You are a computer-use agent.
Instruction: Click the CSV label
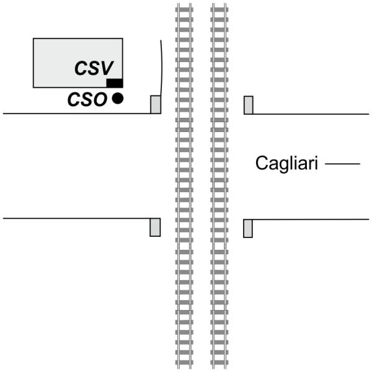97,68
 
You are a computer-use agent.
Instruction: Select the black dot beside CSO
117,98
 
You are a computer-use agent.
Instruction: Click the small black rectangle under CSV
114,83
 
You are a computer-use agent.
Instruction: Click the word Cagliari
286,164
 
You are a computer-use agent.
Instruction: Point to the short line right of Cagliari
342,164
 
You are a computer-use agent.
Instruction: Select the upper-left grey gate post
155,105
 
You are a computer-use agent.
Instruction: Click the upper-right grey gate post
248,105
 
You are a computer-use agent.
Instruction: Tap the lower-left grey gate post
155,228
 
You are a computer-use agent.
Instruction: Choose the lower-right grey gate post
248,228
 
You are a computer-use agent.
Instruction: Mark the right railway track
219,186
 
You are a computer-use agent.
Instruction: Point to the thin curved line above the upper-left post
162,68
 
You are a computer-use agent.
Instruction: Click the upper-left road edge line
74,113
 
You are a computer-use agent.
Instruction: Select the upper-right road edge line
310,113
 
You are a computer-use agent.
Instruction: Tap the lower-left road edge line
74,218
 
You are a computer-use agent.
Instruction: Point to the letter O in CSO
100,99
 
